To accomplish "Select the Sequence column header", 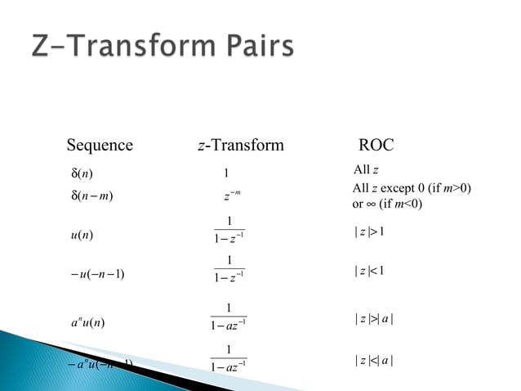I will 99,146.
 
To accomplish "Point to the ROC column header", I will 376,146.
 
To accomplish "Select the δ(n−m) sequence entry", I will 91,196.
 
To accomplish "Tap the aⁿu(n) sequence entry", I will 87,321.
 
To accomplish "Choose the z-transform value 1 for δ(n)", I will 226,173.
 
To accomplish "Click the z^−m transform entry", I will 230,196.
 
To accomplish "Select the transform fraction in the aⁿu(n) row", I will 229,316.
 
